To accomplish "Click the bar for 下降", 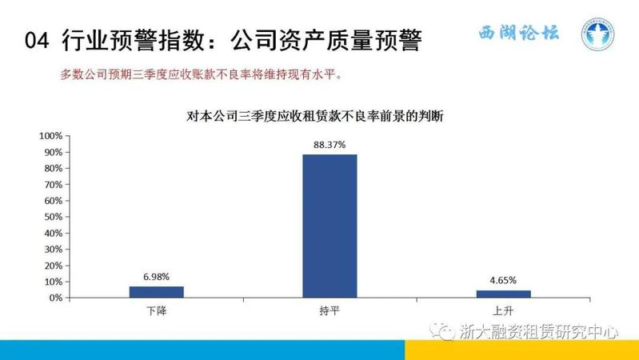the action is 157,292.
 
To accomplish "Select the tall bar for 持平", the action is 329,226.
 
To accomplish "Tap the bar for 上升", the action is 504,294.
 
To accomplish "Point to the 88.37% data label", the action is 329,145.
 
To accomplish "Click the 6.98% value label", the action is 156,277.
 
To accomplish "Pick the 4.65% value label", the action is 503,280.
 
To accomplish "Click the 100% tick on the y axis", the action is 51,136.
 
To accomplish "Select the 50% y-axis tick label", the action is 54,217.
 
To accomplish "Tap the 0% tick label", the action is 56,298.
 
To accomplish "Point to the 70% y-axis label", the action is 54,185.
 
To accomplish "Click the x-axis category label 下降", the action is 157,311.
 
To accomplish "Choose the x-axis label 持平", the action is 329,311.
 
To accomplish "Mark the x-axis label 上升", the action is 503,311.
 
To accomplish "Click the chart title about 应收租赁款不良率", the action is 314,117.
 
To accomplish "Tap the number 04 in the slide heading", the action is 37,40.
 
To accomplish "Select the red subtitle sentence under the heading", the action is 202,74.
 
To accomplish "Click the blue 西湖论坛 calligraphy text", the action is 519,33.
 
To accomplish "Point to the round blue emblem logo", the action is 597,34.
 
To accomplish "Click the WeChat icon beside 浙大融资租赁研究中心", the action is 441,330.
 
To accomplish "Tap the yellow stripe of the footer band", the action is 521,350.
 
